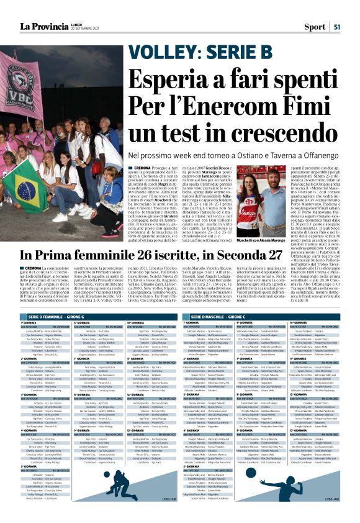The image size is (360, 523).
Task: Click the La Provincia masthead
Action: coord(48,26)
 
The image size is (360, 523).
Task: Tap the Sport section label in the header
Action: coord(315,27)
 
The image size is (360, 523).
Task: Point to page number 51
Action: coord(336,27)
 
